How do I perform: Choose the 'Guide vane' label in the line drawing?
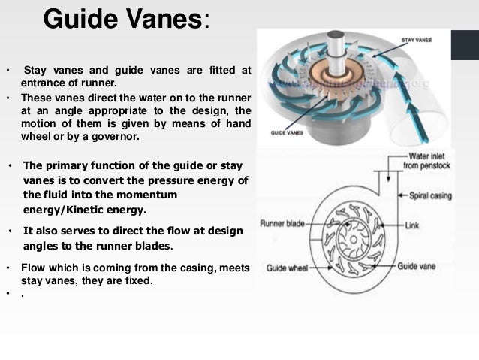(x=422, y=266)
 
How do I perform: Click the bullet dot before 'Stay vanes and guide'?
(x=8, y=71)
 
